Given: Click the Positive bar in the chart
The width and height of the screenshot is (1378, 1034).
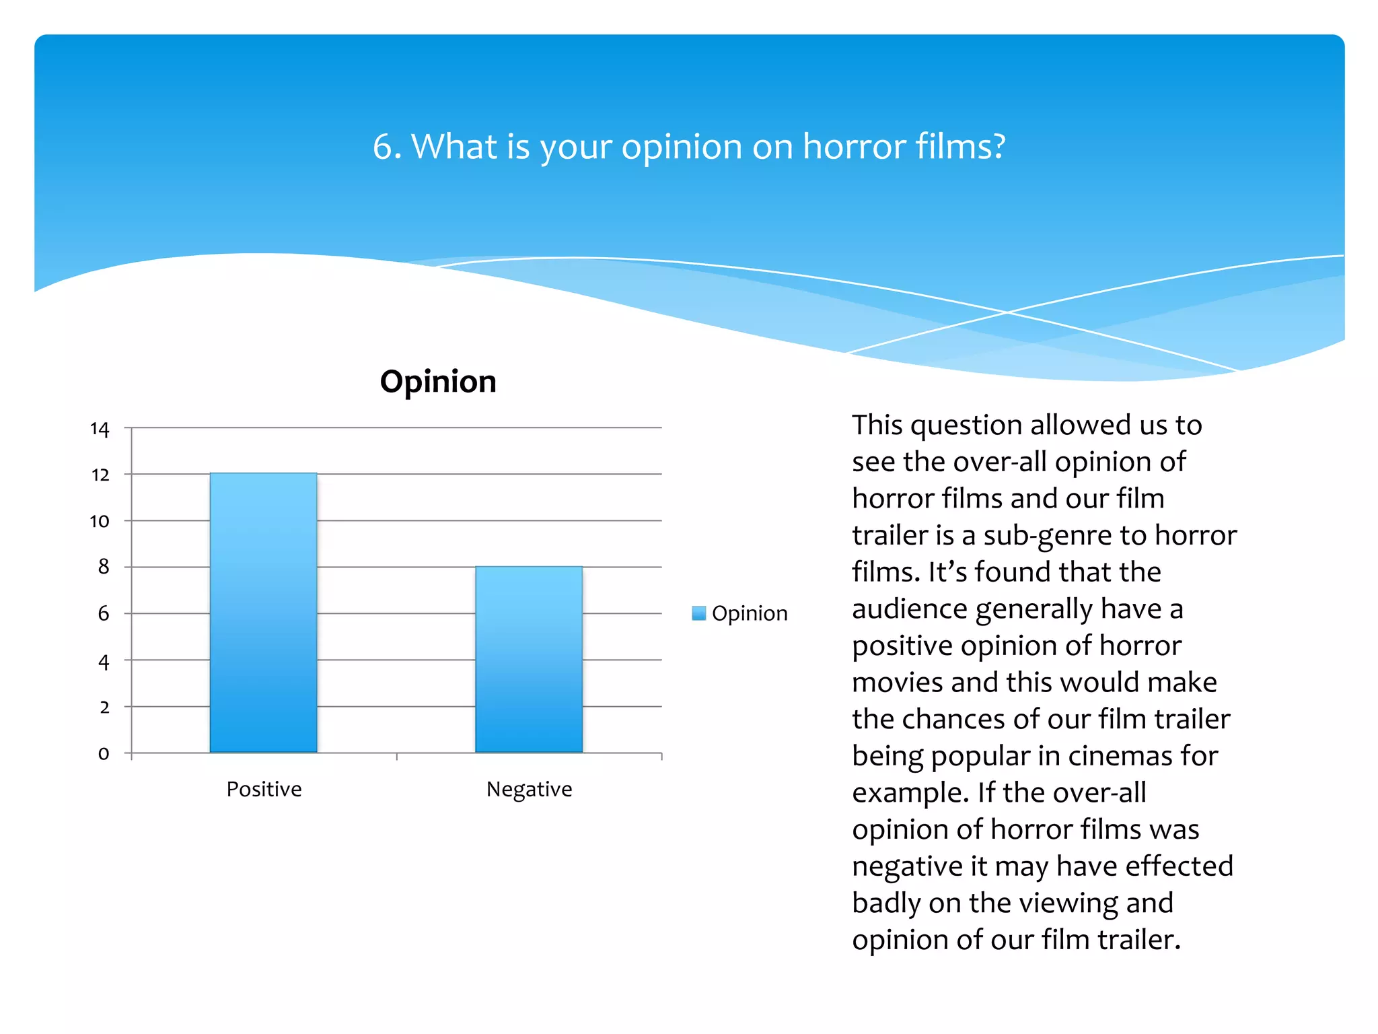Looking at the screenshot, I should pos(263,613).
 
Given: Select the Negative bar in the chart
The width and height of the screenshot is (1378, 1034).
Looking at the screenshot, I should pos(529,659).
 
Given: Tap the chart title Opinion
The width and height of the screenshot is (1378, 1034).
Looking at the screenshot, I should pos(438,382).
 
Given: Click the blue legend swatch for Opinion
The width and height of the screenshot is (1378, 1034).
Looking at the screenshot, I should pos(698,613).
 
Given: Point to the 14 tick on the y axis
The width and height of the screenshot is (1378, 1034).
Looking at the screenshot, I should pos(100,429).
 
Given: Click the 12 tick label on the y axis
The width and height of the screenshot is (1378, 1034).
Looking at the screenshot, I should pos(100,475).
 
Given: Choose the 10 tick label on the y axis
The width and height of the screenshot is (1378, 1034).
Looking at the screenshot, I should pos(100,521).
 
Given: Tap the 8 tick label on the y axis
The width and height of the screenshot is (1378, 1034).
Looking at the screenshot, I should pos(103,567).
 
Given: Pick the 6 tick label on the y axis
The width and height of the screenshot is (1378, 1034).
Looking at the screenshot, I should pos(103,613).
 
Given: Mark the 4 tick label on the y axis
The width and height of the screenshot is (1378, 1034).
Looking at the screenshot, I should pos(103,662).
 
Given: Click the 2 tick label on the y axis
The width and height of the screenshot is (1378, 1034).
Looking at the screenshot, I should pos(104,708).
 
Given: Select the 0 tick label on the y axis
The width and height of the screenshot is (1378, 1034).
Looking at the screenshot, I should pos(103,753).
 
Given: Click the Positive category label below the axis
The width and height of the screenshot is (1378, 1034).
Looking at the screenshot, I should pos(264,789).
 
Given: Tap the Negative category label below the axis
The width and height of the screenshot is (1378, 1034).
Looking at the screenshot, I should pos(529,789).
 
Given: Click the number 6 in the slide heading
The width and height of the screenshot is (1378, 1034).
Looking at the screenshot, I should pos(383,147).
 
